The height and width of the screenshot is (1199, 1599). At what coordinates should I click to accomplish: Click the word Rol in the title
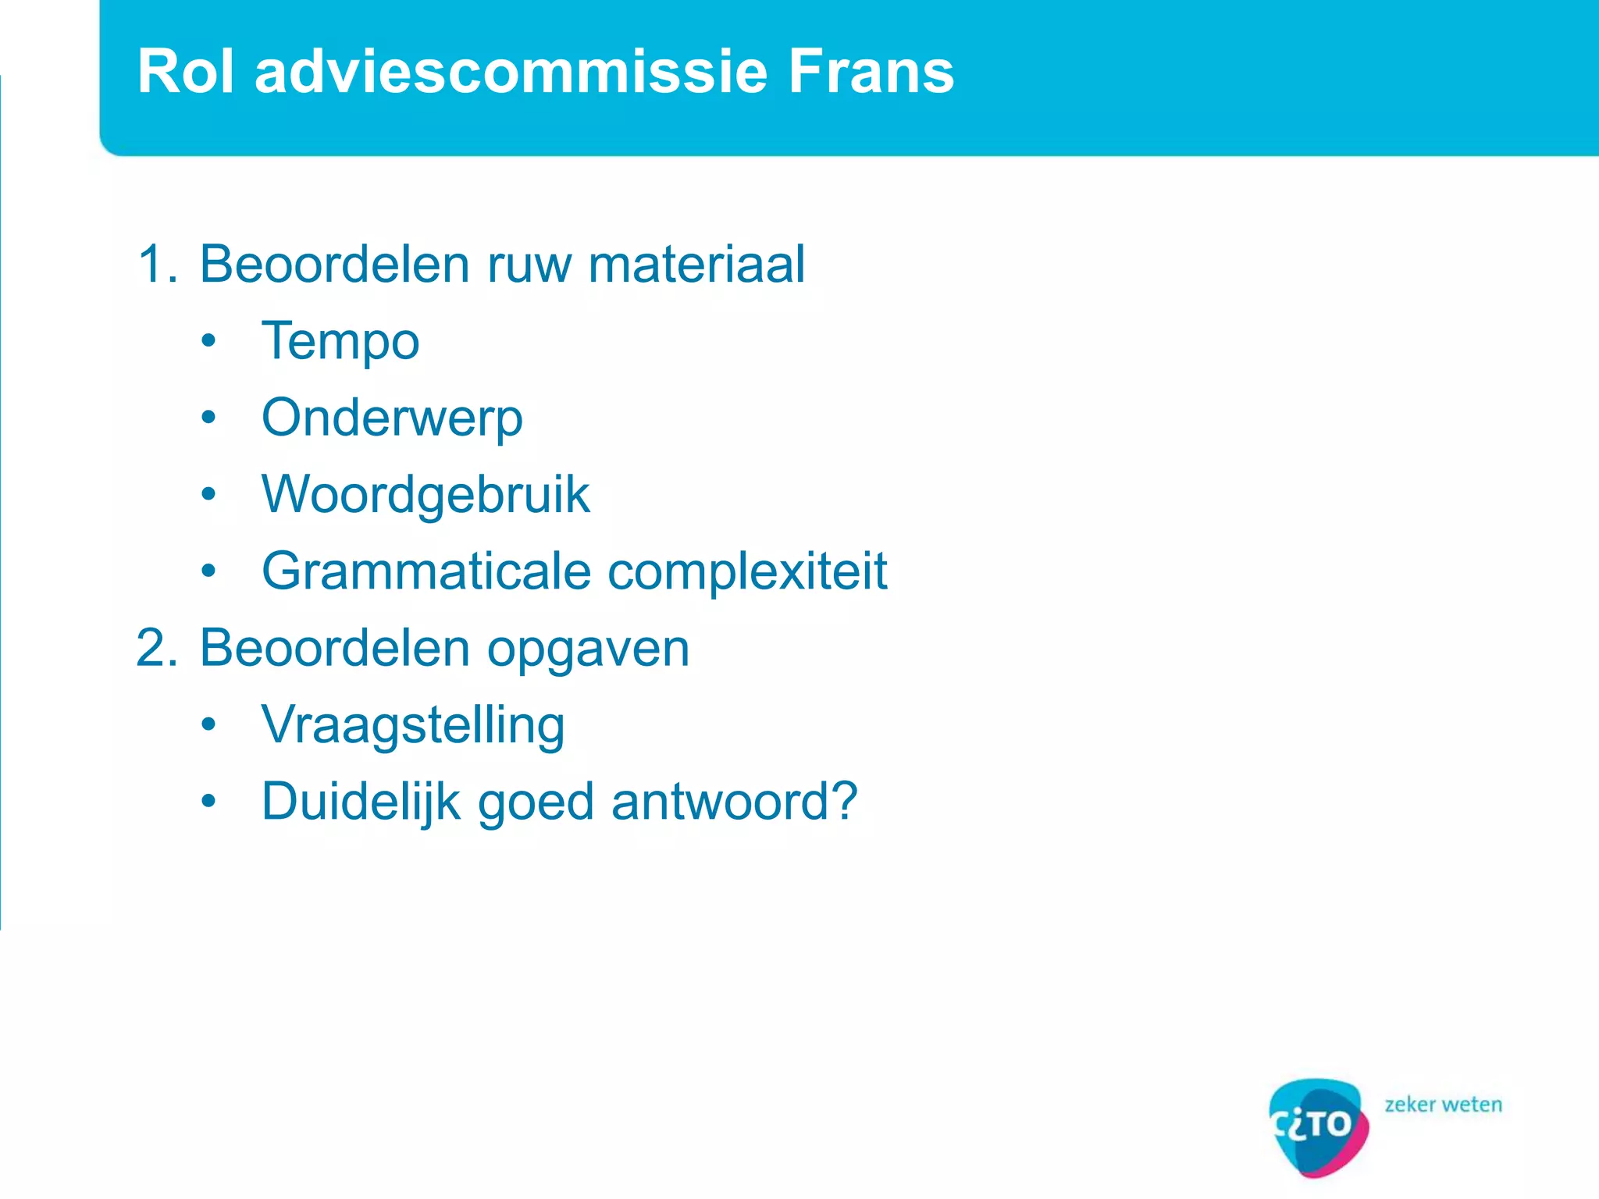(x=186, y=72)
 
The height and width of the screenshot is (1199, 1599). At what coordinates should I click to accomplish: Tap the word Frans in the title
(x=870, y=72)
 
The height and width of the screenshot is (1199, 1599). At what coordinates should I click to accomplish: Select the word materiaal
(x=696, y=264)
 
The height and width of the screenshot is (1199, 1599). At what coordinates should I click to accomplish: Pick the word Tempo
(x=340, y=342)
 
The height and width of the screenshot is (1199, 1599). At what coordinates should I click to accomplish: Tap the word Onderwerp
(x=392, y=418)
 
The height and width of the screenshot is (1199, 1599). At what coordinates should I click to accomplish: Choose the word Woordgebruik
(x=426, y=495)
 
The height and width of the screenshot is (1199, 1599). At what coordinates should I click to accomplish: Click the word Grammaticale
(x=426, y=571)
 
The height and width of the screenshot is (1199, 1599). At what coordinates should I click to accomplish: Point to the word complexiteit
(x=747, y=571)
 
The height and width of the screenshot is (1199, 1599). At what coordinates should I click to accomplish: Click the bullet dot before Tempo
(x=208, y=341)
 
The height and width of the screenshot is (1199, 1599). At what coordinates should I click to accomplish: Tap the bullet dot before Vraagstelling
(x=208, y=725)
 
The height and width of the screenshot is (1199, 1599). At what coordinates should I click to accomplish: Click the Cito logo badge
(x=1318, y=1126)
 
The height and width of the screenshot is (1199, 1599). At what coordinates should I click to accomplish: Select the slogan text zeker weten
(x=1443, y=1105)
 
